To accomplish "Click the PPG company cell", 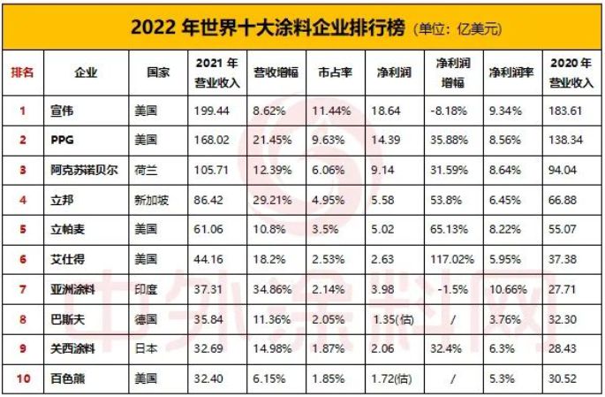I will tap(88, 140).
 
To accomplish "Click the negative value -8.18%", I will tap(450, 111).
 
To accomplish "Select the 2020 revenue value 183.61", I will tap(568, 111).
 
